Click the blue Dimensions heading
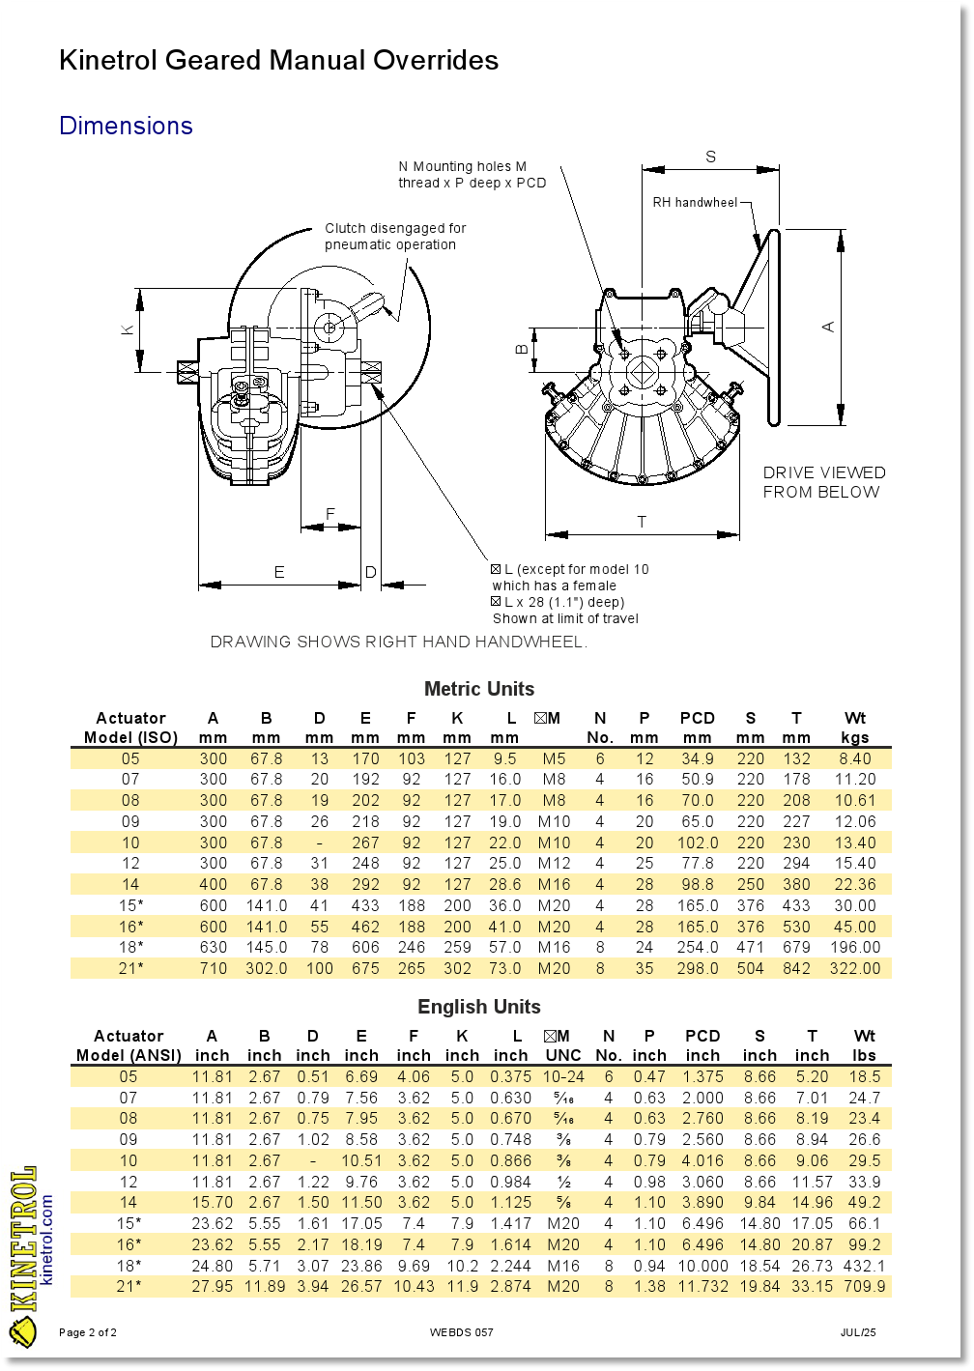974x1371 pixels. click(x=126, y=126)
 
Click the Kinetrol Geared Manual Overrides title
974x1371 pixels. click(x=278, y=60)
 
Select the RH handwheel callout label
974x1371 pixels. click(x=695, y=202)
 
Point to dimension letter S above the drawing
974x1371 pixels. click(x=710, y=157)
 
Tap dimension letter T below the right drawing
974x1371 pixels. click(x=642, y=522)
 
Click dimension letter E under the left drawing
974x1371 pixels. click(x=279, y=572)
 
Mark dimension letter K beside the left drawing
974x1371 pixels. click(x=128, y=329)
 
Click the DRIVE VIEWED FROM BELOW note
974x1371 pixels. click(x=823, y=482)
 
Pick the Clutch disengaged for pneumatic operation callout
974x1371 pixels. click(x=395, y=237)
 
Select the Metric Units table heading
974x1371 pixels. click(x=479, y=689)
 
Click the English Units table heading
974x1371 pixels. click(x=479, y=1007)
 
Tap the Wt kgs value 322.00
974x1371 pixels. click(x=855, y=968)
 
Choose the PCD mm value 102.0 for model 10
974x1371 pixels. click(x=697, y=843)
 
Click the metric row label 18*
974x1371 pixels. click(x=130, y=947)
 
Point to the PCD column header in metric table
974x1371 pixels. click(x=697, y=718)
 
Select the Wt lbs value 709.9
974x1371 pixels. click(x=864, y=1286)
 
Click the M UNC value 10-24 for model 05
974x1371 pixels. click(x=563, y=1076)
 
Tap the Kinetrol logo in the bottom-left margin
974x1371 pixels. click(x=24, y=1256)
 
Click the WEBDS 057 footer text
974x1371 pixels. click(x=461, y=1332)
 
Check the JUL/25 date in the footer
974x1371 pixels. click(x=857, y=1332)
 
